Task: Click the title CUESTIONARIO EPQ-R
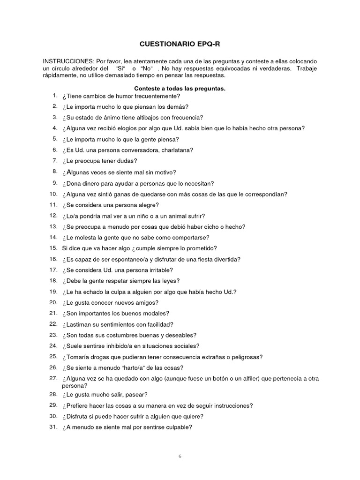180,44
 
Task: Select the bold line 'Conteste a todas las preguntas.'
180,89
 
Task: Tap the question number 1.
55,96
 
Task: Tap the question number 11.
53,205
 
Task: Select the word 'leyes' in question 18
170,281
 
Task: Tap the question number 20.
53,302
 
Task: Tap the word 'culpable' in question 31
178,427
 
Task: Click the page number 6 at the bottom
180,455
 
